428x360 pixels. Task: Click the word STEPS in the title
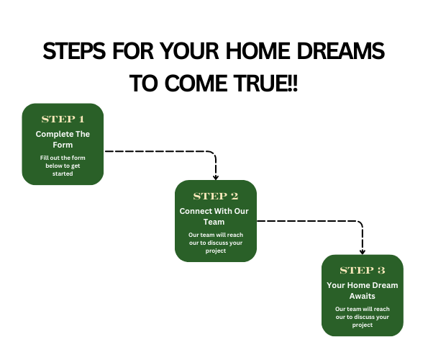pyautogui.click(x=74, y=51)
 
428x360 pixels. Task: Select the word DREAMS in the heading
pyautogui.click(x=341, y=51)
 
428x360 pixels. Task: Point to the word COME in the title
pyautogui.click(x=196, y=83)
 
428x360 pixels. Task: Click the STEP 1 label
pyautogui.click(x=63, y=119)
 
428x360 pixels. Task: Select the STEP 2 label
pyautogui.click(x=216, y=196)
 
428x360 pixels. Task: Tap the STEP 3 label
pyautogui.click(x=363, y=271)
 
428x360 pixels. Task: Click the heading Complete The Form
pyautogui.click(x=63, y=139)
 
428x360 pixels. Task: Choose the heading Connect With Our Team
pyautogui.click(x=214, y=216)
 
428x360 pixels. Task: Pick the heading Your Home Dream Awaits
pyautogui.click(x=363, y=291)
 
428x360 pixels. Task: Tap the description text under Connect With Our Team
pyautogui.click(x=216, y=243)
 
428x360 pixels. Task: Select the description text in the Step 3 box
pyautogui.click(x=363, y=317)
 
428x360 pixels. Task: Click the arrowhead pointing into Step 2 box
pyautogui.click(x=216, y=178)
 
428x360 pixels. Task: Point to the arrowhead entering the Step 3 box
pyautogui.click(x=363, y=252)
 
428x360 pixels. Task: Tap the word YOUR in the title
pyautogui.click(x=189, y=51)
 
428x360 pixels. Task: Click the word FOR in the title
pyautogui.click(x=133, y=51)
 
